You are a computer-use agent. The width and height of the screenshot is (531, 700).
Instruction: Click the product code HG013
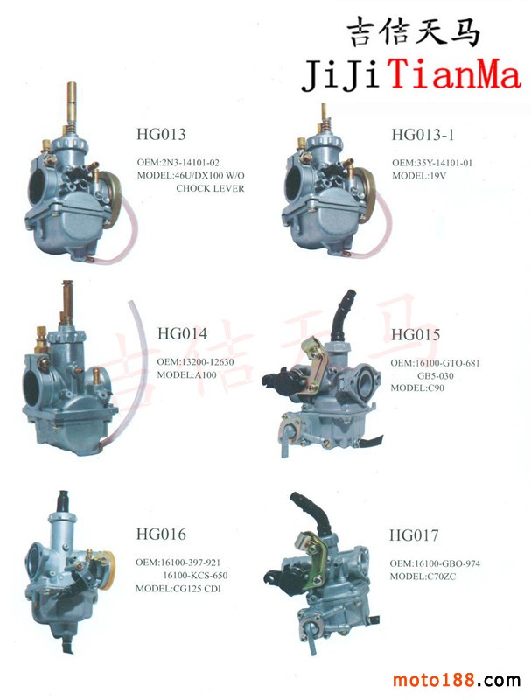(x=161, y=134)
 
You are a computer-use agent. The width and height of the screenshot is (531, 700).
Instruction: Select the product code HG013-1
(x=423, y=134)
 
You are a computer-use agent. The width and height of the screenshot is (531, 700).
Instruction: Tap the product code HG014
(x=182, y=333)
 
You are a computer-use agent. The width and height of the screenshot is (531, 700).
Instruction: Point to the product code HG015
(x=416, y=334)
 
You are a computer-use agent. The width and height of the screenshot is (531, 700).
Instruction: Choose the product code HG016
(x=161, y=534)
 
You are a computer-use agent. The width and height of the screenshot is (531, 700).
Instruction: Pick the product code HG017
(x=414, y=535)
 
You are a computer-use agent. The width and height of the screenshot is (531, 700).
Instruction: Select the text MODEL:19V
(x=419, y=176)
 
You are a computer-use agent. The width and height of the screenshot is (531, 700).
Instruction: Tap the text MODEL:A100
(x=186, y=375)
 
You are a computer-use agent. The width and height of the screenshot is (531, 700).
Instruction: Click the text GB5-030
(x=435, y=376)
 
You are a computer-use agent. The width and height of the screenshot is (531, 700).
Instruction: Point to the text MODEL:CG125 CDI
(x=178, y=588)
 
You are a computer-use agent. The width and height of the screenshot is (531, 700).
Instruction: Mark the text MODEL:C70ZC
(x=423, y=577)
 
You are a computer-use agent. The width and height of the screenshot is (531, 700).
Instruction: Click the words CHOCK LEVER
(x=210, y=188)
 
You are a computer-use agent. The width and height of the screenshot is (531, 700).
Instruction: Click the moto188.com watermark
(x=456, y=680)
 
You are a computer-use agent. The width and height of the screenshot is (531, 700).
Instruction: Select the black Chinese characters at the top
(x=413, y=31)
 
